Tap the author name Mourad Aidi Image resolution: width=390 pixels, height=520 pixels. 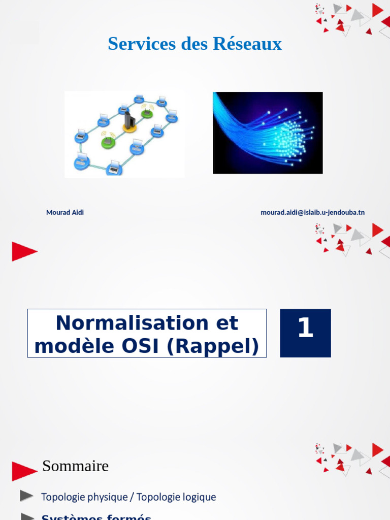point(65,212)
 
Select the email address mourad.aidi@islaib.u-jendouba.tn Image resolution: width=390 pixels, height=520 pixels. point(312,212)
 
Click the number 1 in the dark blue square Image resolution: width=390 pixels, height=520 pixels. point(305,329)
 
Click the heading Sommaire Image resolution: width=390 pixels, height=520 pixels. point(75,466)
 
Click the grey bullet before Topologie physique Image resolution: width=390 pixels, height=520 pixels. point(27,495)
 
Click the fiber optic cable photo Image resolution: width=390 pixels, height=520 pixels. point(268,133)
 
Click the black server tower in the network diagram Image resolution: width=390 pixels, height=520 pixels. point(129,120)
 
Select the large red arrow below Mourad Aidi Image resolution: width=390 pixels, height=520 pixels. point(24,251)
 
